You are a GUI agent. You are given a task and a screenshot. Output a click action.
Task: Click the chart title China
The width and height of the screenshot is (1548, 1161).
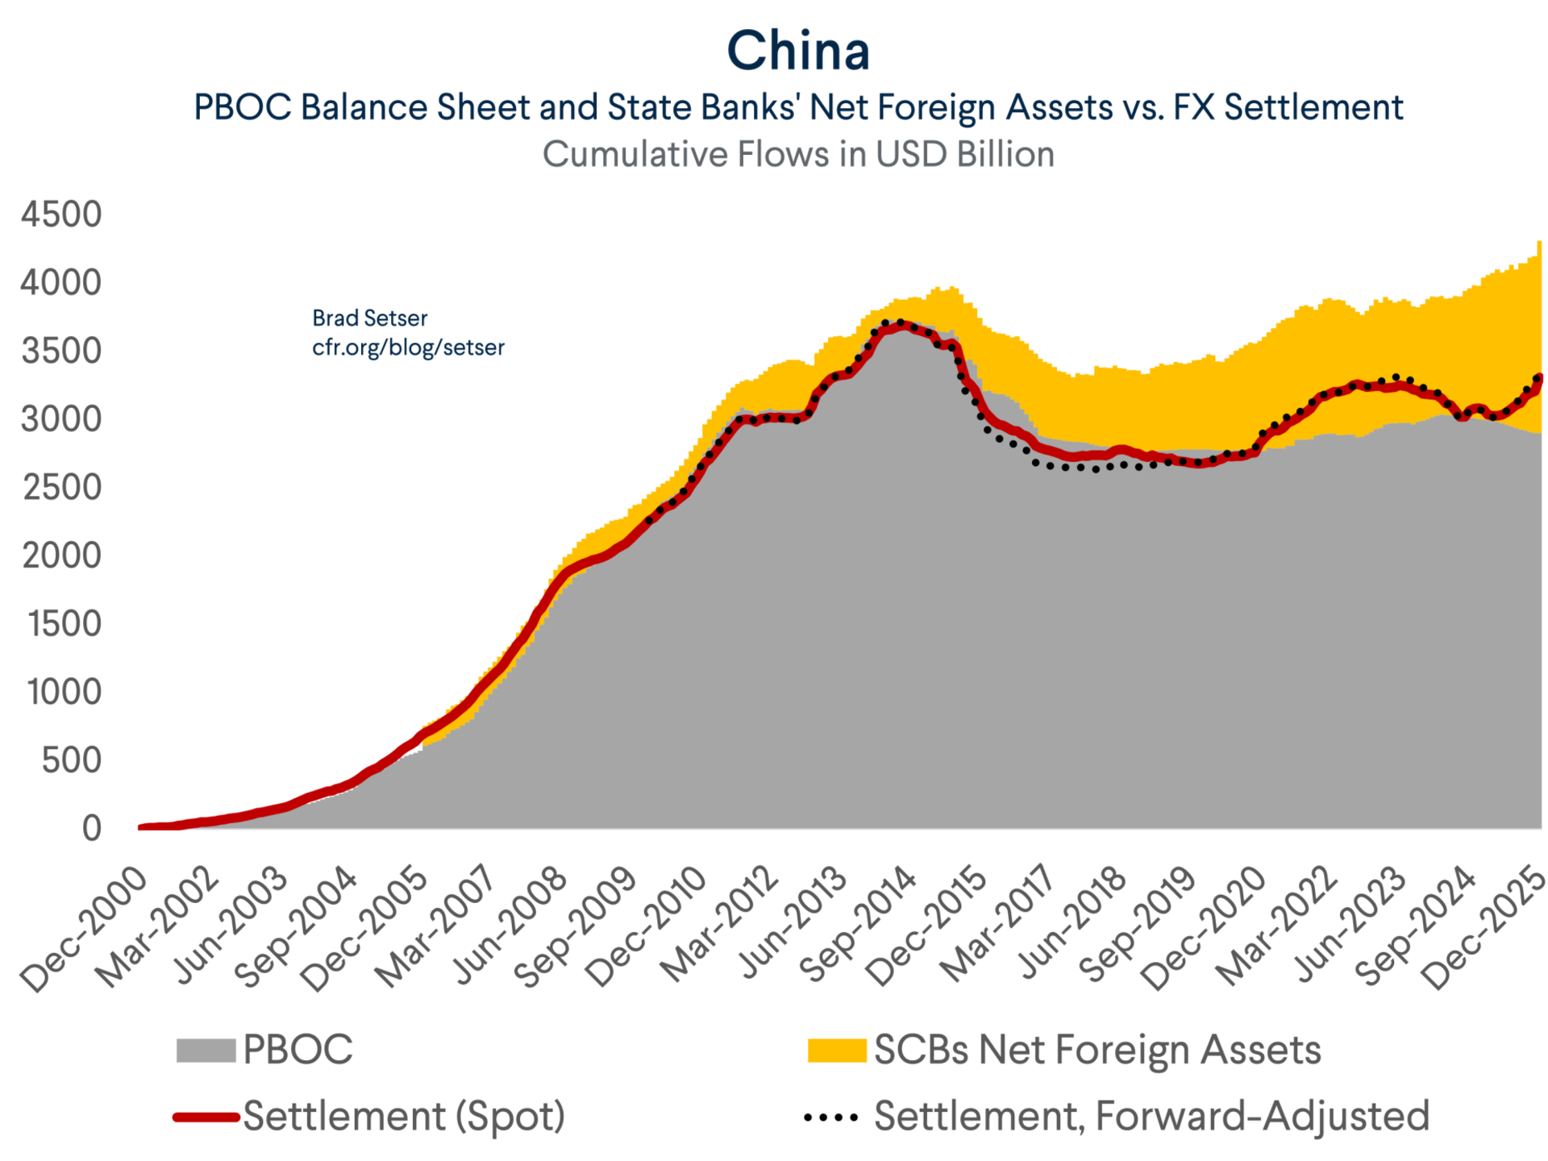(798, 51)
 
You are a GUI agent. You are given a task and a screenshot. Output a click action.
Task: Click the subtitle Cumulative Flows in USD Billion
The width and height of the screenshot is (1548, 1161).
(797, 155)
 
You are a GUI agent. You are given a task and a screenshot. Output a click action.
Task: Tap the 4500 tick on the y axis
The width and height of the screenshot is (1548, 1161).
(61, 214)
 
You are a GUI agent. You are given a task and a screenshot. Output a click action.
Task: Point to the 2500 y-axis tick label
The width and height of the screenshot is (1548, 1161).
(61, 488)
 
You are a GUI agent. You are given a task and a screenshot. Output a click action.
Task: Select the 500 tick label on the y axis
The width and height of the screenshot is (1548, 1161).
(71, 760)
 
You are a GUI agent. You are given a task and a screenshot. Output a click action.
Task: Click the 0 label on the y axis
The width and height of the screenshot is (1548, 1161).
(92, 828)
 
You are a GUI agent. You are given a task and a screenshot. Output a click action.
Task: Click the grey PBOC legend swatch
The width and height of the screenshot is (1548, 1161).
(206, 1051)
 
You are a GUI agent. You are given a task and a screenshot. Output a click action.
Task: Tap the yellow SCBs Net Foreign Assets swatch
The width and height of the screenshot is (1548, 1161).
(837, 1051)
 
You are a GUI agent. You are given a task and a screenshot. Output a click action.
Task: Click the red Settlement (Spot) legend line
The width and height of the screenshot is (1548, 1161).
(206, 1117)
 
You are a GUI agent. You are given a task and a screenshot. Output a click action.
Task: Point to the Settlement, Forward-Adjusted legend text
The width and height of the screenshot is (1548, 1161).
(1151, 1117)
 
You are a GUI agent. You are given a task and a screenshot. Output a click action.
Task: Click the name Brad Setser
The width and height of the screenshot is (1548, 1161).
(369, 318)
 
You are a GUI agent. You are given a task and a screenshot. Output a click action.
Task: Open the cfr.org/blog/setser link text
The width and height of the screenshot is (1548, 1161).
(408, 347)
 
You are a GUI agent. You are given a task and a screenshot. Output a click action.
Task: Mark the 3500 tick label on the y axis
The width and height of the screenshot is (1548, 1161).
(61, 352)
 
